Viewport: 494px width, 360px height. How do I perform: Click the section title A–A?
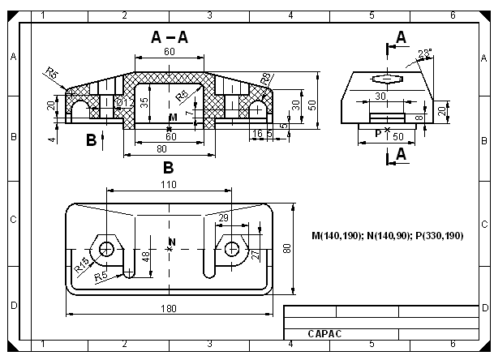coord(170,37)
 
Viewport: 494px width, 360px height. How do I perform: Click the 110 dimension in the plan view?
coord(169,185)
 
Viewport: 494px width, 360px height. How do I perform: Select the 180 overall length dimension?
coord(169,308)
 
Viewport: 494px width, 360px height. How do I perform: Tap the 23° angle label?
coord(425,54)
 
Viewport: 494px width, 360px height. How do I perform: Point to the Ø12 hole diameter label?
coord(126,102)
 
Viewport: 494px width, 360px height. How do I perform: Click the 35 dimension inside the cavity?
coord(144,103)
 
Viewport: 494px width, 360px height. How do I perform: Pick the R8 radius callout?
coord(267,79)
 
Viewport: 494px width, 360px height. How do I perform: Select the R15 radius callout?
coord(81,264)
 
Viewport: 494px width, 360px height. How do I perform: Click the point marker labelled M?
coord(170,129)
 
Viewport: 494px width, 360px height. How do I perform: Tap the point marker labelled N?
coord(170,249)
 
